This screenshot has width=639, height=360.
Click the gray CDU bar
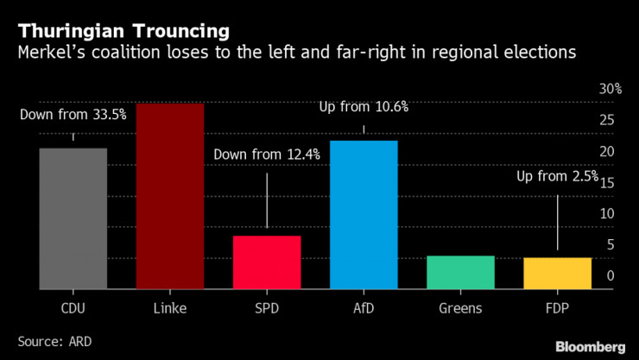[x=73, y=218]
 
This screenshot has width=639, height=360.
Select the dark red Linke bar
[x=170, y=196]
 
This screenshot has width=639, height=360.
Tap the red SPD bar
[x=267, y=262]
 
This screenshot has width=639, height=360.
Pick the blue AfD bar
[x=364, y=214]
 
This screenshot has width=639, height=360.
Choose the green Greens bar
[x=460, y=272]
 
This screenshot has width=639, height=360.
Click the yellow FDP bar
[x=557, y=273]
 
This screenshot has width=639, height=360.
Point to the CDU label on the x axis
[x=73, y=307]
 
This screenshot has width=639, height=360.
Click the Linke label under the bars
[x=170, y=307]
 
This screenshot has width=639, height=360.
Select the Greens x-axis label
[x=460, y=307]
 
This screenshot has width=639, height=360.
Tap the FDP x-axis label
[x=557, y=307]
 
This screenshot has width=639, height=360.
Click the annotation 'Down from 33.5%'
[x=73, y=113]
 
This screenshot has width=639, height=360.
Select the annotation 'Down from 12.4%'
[x=267, y=155]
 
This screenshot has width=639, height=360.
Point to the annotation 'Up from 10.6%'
[x=364, y=108]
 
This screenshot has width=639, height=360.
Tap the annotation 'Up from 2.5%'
[x=557, y=176]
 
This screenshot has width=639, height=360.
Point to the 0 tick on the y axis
[x=611, y=275]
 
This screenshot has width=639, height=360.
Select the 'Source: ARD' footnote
[x=54, y=341]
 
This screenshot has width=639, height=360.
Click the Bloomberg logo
[x=589, y=346]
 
